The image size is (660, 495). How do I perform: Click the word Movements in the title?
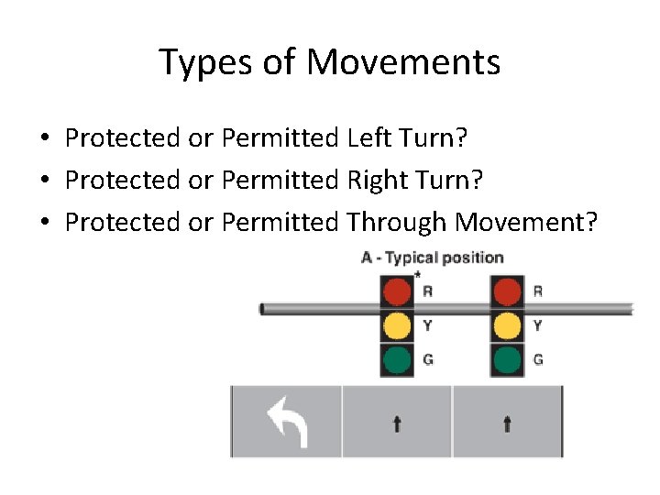coord(403,62)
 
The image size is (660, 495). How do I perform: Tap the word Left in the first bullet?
coord(370,138)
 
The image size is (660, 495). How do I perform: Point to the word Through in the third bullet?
coord(397,222)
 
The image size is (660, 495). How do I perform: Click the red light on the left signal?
coord(397,292)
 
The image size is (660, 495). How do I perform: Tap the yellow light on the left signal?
coord(397,325)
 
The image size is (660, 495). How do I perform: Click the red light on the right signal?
coord(507,292)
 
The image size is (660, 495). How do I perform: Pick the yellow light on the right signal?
coord(507,325)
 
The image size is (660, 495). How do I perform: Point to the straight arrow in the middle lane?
coord(397,423)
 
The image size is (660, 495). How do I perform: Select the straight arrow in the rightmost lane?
coord(507,423)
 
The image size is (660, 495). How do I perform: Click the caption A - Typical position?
coord(433,258)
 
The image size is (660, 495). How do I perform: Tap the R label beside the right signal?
coord(538,291)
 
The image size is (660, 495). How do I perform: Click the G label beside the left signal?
coord(428,359)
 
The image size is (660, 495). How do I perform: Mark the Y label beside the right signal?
coord(538,325)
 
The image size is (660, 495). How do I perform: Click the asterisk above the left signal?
coord(418,275)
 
